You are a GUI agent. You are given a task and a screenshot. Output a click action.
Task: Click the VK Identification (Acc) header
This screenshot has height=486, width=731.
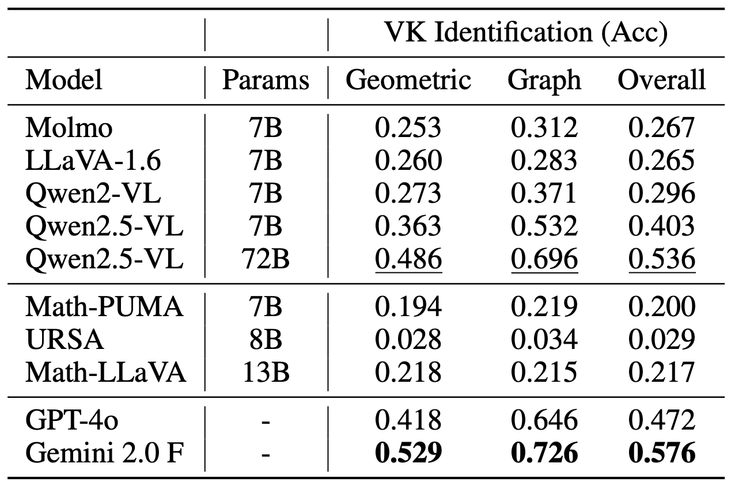pos(525,34)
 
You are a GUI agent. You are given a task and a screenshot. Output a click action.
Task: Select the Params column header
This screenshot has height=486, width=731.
pos(266,81)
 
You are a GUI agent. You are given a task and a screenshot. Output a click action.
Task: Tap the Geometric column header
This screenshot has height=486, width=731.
pos(408,81)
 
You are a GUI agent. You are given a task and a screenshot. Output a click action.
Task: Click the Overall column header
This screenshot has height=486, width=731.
pos(661,81)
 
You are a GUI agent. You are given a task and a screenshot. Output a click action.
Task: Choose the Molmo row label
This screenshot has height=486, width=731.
pos(69,128)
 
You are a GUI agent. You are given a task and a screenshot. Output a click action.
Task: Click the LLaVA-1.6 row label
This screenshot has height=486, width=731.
pos(93,161)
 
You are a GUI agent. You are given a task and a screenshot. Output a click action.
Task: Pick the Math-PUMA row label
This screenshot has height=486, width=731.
pos(104,307)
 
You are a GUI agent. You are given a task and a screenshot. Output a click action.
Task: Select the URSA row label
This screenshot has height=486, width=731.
pos(65,340)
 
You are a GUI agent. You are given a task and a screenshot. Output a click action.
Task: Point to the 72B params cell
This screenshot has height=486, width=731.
pos(266,260)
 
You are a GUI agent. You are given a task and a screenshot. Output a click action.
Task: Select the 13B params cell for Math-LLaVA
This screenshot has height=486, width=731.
pos(266,373)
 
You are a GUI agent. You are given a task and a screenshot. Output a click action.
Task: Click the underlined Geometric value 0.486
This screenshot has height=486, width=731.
pos(408,260)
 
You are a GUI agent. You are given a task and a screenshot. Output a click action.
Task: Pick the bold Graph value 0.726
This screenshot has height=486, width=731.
pos(544,454)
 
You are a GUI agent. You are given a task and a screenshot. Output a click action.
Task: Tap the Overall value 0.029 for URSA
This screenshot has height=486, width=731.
pos(661,340)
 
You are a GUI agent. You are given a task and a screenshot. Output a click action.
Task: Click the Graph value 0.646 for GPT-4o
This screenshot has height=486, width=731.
pos(544,421)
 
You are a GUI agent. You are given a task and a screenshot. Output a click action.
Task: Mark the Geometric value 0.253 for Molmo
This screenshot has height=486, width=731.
pos(408,128)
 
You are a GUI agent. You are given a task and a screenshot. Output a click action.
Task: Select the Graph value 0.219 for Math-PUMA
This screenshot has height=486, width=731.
pos(544,307)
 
